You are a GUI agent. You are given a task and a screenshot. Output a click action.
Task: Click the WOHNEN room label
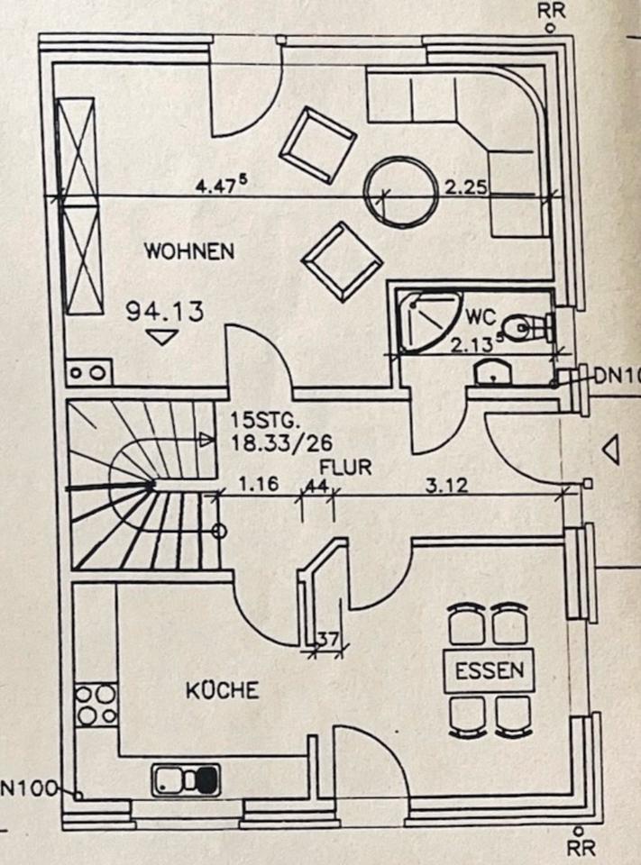[189, 251]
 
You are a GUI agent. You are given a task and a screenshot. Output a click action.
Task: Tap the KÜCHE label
[223, 691]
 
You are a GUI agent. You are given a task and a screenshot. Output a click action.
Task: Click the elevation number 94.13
[164, 312]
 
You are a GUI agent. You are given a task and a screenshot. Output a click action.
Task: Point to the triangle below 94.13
[162, 337]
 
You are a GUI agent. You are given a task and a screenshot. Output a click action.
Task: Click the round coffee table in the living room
[398, 192]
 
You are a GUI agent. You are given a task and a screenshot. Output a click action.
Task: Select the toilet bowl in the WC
[520, 328]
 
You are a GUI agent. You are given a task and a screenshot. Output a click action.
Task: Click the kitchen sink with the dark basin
[186, 778]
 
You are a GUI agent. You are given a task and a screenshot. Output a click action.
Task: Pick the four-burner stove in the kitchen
[95, 705]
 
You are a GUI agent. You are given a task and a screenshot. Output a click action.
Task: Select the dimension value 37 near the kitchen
[328, 641]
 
